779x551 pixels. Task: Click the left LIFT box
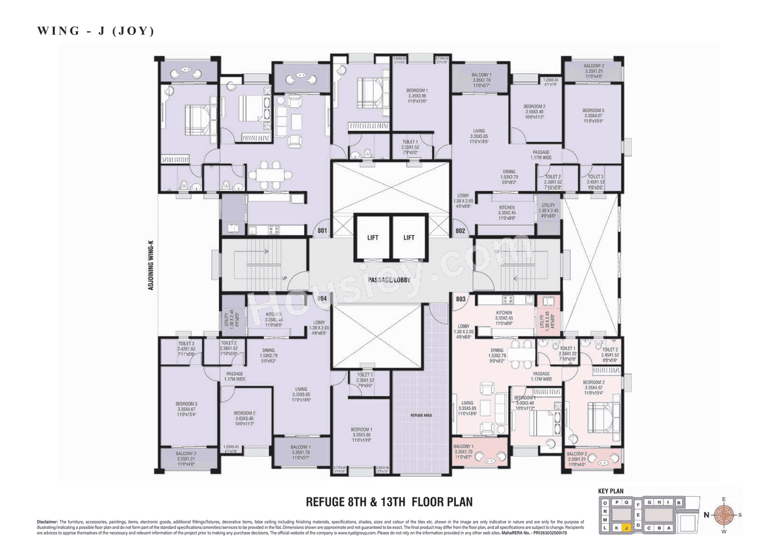click(372, 237)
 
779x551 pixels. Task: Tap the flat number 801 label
click(322, 231)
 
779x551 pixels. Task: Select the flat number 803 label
click(461, 299)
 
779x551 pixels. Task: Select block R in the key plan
click(679, 503)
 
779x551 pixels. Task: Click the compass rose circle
click(724, 514)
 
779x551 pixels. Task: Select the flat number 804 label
click(322, 299)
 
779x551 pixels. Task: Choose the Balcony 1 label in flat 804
click(298, 448)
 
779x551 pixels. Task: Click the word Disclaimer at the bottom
click(47, 522)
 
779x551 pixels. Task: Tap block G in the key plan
click(649, 502)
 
